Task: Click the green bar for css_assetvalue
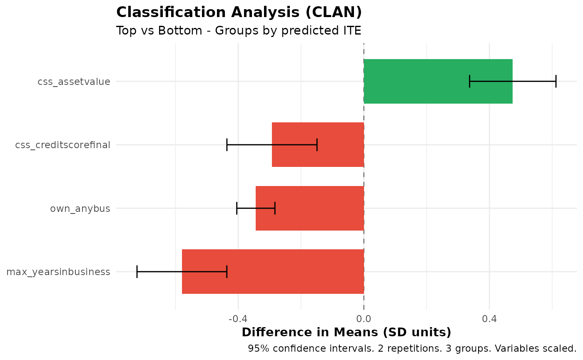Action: [x=437, y=81]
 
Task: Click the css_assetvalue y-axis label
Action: [x=74, y=82]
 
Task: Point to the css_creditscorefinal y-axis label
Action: [x=62, y=145]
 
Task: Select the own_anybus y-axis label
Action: [x=80, y=209]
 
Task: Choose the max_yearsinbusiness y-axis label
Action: [x=58, y=272]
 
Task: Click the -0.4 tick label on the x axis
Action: [x=238, y=319]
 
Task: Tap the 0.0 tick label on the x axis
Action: [x=364, y=319]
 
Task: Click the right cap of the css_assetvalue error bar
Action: [x=556, y=81]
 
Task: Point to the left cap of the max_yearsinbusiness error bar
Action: [x=137, y=271]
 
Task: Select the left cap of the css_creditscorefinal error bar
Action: [x=227, y=145]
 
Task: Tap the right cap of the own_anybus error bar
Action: [x=275, y=208]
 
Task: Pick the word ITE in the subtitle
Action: [x=351, y=31]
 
